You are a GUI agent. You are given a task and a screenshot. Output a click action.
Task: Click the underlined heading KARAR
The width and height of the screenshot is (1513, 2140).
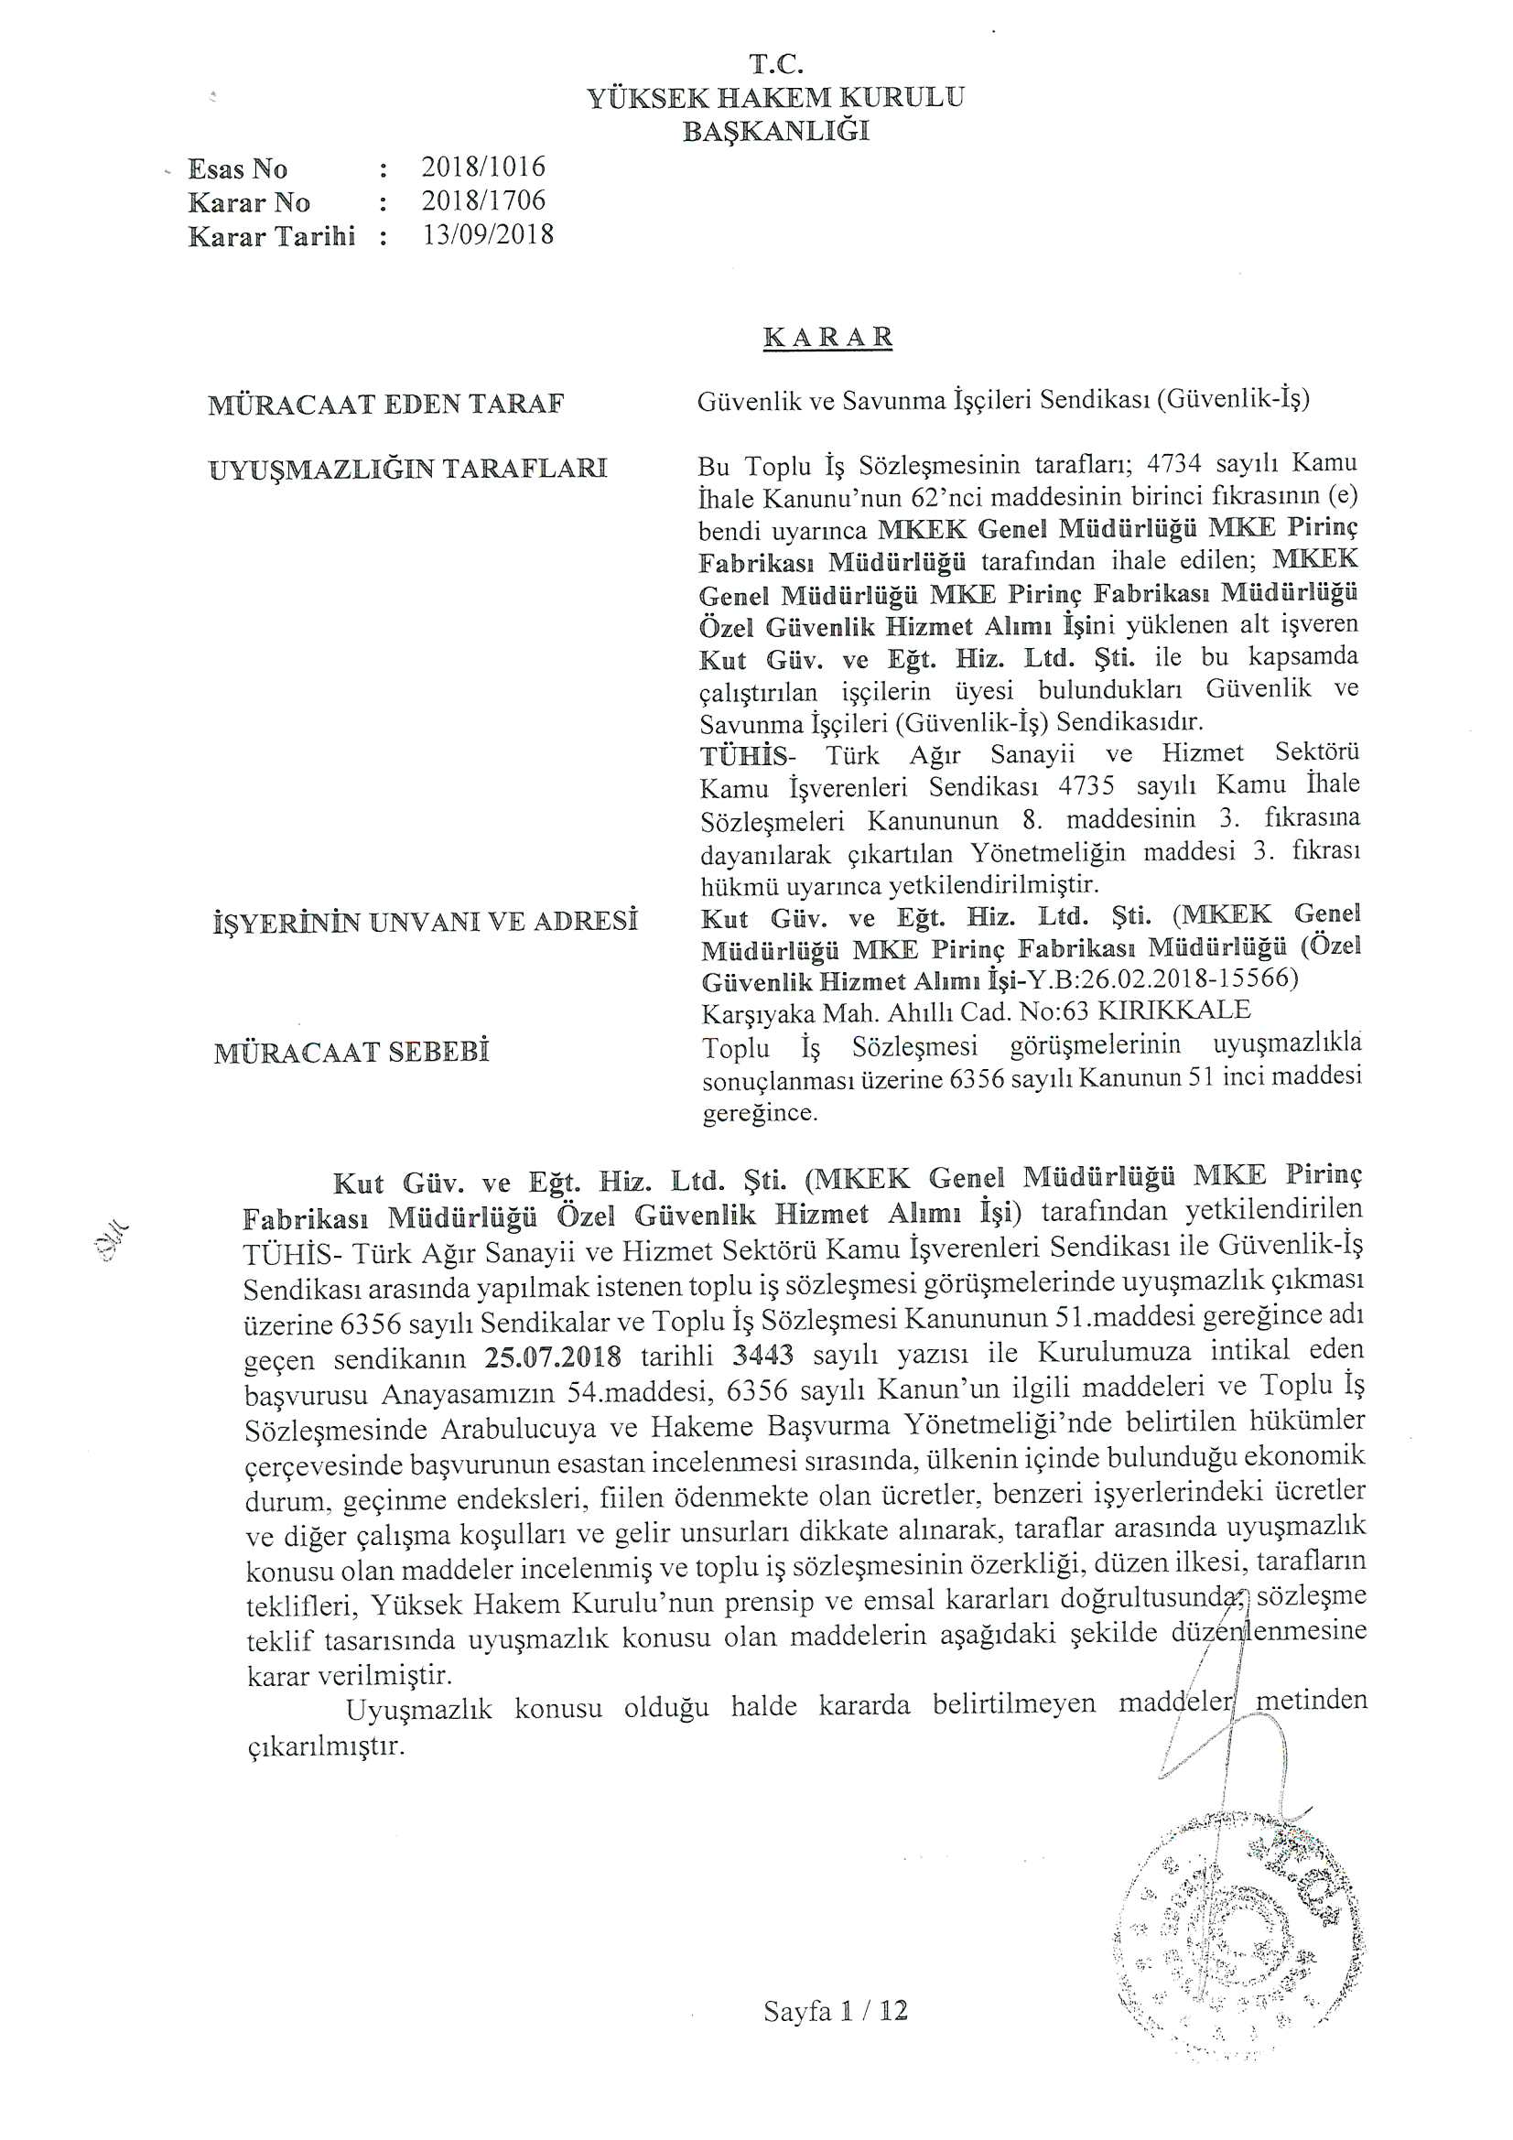tap(827, 337)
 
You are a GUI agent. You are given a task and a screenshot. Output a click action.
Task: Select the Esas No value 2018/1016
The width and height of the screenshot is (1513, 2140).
tap(483, 167)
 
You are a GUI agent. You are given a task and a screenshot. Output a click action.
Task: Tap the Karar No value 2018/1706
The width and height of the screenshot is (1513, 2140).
tap(483, 200)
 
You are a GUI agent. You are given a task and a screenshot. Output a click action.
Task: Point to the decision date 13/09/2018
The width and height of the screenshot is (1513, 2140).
tap(488, 234)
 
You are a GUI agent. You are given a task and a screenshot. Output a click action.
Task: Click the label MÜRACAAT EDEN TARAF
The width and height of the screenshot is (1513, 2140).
tap(387, 405)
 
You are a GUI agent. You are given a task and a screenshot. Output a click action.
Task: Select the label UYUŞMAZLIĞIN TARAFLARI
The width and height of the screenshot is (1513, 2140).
tap(408, 468)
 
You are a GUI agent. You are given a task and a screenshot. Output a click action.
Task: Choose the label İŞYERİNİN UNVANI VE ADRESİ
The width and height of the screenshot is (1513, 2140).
tap(425, 922)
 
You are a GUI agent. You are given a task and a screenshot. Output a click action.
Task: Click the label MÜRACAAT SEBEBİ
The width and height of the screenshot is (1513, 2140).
tap(351, 1053)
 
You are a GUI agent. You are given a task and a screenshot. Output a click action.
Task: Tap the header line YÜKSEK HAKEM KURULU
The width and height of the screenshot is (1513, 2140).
tap(775, 98)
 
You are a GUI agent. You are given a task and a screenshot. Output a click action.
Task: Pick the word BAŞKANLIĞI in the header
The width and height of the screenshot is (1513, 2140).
tap(775, 132)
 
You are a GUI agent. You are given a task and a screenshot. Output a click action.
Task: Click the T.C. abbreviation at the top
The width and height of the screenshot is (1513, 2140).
tap(775, 64)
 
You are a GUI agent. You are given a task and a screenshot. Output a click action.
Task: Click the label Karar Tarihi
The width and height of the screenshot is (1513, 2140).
tap(271, 236)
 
